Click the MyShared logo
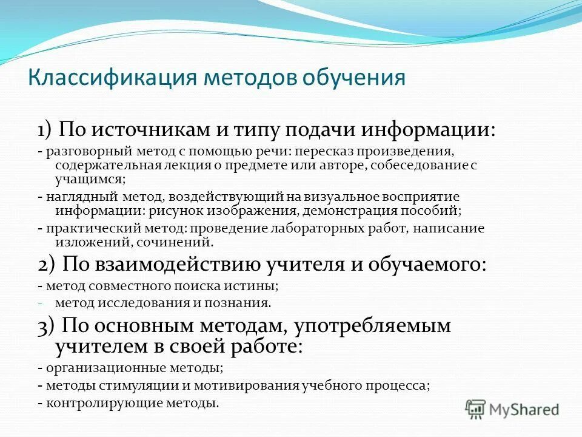tap(512, 409)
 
